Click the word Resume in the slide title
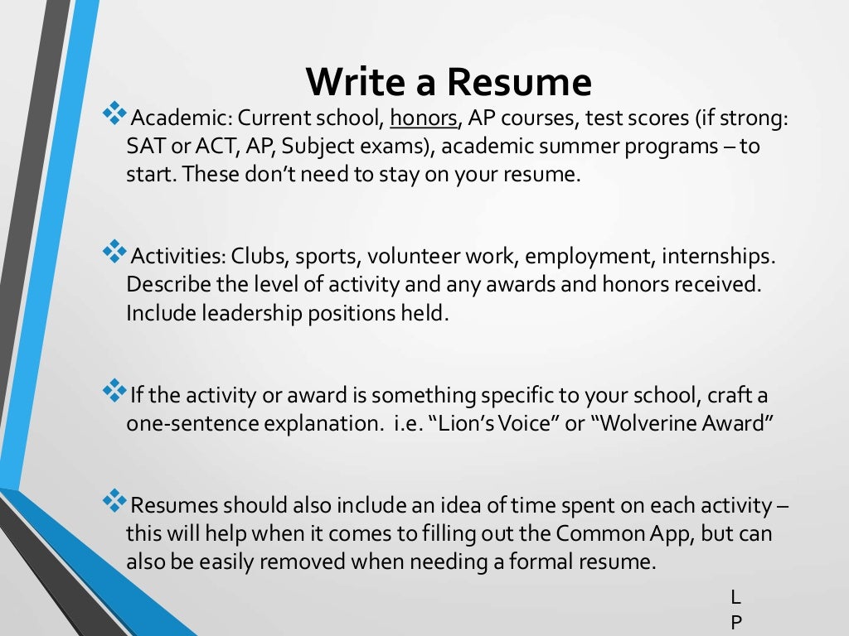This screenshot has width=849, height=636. tap(520, 83)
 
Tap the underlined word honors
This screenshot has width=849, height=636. tap(424, 118)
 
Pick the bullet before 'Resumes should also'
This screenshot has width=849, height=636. tap(114, 499)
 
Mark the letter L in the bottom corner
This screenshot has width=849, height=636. tap(735, 596)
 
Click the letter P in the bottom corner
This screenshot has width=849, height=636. tap(735, 623)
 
